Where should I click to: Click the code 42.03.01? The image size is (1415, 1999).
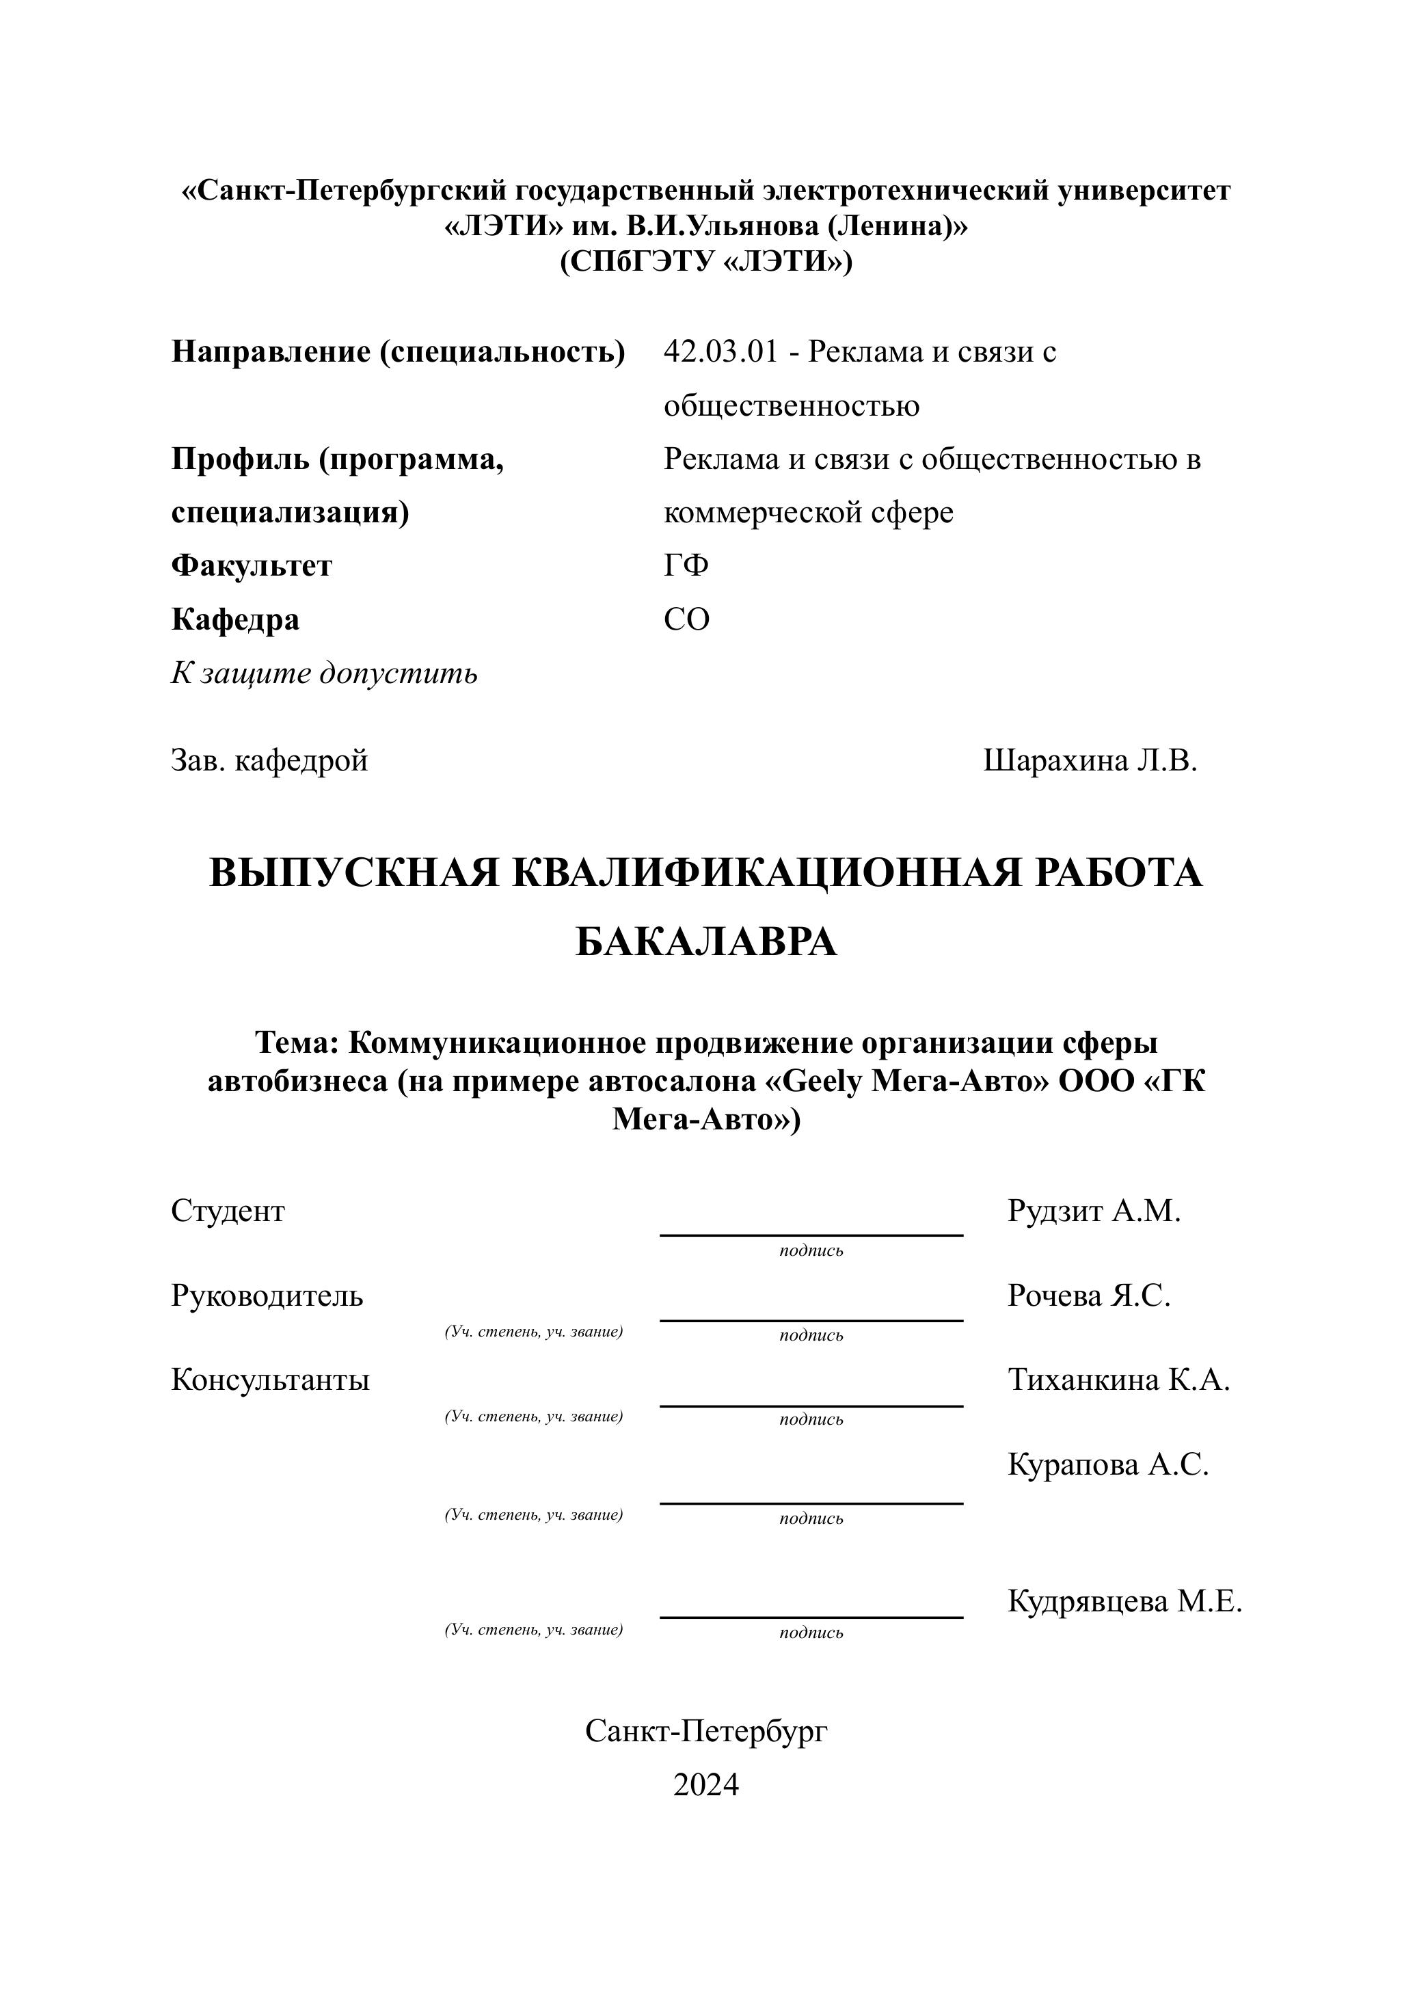720,353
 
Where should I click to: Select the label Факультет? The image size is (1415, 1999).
251,567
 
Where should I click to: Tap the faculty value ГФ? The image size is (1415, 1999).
686,567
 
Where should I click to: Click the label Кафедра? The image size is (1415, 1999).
235,619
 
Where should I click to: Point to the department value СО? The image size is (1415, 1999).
686,619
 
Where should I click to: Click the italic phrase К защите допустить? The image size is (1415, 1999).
324,673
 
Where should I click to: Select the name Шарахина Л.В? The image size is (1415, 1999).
1090,762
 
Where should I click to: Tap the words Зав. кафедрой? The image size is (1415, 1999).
269,762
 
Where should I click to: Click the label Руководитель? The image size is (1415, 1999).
267,1296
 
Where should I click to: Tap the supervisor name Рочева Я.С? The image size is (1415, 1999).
1089,1296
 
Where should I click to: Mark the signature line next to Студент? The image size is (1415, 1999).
811,1235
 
